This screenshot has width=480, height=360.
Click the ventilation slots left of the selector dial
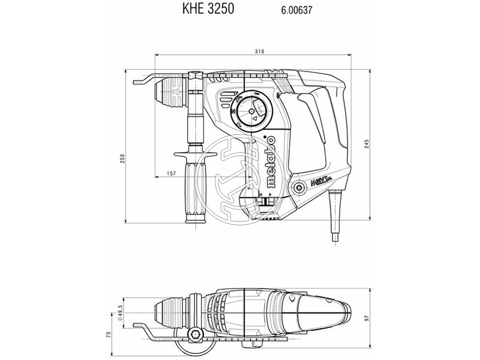(x=225, y=103)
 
